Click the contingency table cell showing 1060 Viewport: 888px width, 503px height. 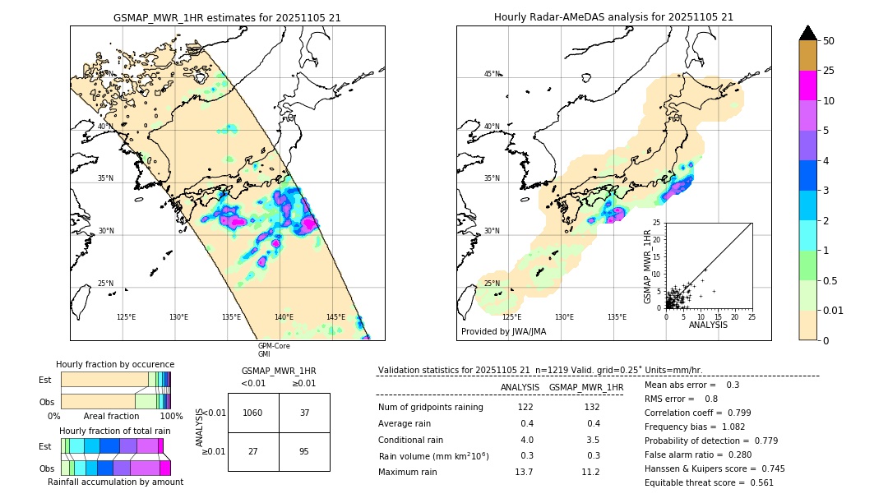[x=253, y=413]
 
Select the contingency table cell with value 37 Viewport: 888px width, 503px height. [x=304, y=413]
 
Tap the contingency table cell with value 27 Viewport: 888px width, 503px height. [x=253, y=451]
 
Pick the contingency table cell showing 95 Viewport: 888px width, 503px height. [x=304, y=451]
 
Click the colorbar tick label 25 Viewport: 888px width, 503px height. [x=830, y=72]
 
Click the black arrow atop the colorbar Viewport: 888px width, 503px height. [x=808, y=33]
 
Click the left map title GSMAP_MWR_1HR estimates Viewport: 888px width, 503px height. [x=227, y=17]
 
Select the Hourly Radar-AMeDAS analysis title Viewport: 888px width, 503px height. [x=613, y=17]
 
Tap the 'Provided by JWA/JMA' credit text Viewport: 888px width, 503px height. [x=503, y=331]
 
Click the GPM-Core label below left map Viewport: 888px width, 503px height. [x=274, y=346]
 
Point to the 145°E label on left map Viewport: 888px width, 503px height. [x=335, y=317]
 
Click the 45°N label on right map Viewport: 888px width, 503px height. [x=492, y=74]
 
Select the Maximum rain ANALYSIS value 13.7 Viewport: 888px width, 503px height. [x=524, y=472]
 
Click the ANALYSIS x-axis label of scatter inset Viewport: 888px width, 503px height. [x=708, y=325]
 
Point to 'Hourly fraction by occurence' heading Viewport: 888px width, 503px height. [x=115, y=364]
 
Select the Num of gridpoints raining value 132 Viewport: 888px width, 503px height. [x=591, y=407]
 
